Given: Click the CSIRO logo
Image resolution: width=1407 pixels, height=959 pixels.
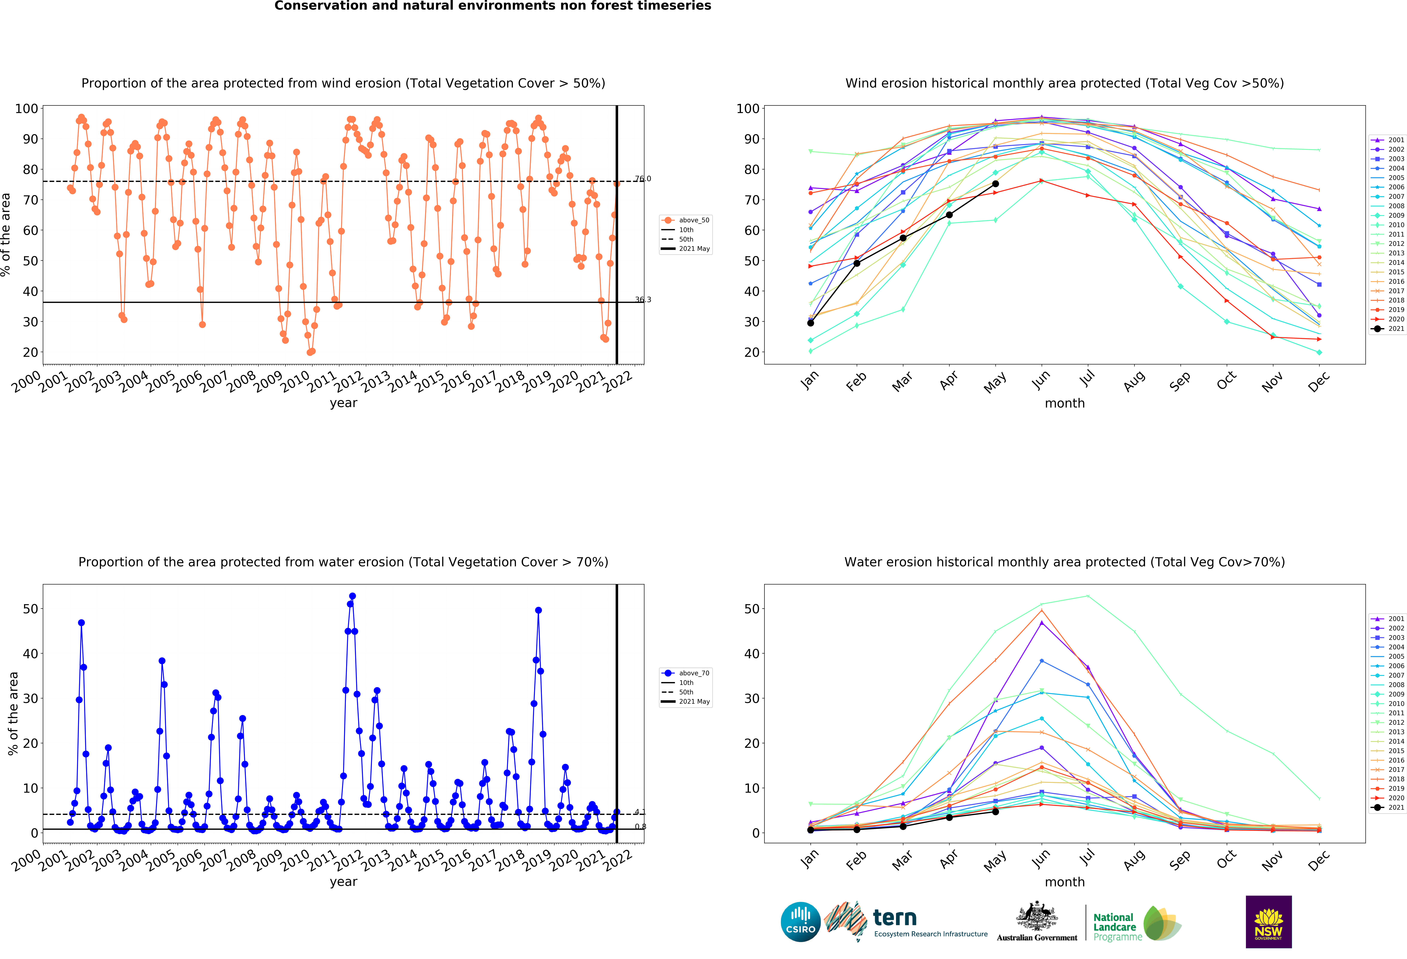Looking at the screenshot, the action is tap(800, 921).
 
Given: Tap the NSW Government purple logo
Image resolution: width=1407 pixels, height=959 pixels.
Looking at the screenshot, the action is tap(1268, 921).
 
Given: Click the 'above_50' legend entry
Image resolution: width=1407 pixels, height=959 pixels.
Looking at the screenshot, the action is tap(686, 220).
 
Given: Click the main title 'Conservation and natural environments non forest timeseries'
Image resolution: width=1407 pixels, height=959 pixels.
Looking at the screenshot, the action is tap(493, 6).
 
